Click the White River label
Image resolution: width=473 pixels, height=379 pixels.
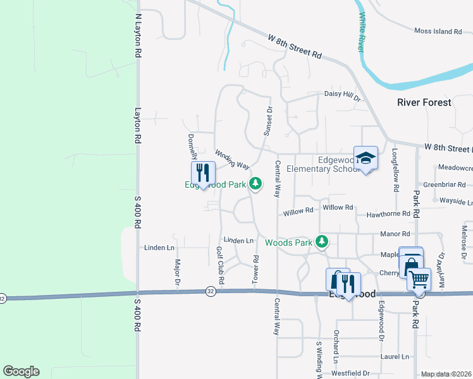pyautogui.click(x=363, y=32)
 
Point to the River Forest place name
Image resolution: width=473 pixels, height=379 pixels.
pyautogui.click(x=424, y=102)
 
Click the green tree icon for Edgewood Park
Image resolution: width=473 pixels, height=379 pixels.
pyautogui.click(x=255, y=184)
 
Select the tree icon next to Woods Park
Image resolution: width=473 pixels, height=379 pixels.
pyautogui.click(x=322, y=241)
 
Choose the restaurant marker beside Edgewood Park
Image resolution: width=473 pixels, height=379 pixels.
pyautogui.click(x=203, y=172)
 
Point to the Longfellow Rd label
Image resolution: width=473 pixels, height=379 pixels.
pyautogui.click(x=395, y=170)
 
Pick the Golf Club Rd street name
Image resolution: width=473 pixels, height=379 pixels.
pyautogui.click(x=220, y=265)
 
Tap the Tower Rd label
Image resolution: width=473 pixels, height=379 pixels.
pyautogui.click(x=256, y=268)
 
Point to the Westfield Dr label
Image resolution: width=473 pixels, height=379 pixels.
pyautogui.click(x=350, y=373)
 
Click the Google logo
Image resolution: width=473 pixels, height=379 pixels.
pyautogui.click(x=21, y=371)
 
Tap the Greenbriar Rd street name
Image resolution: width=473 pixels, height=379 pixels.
pyautogui.click(x=445, y=185)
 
